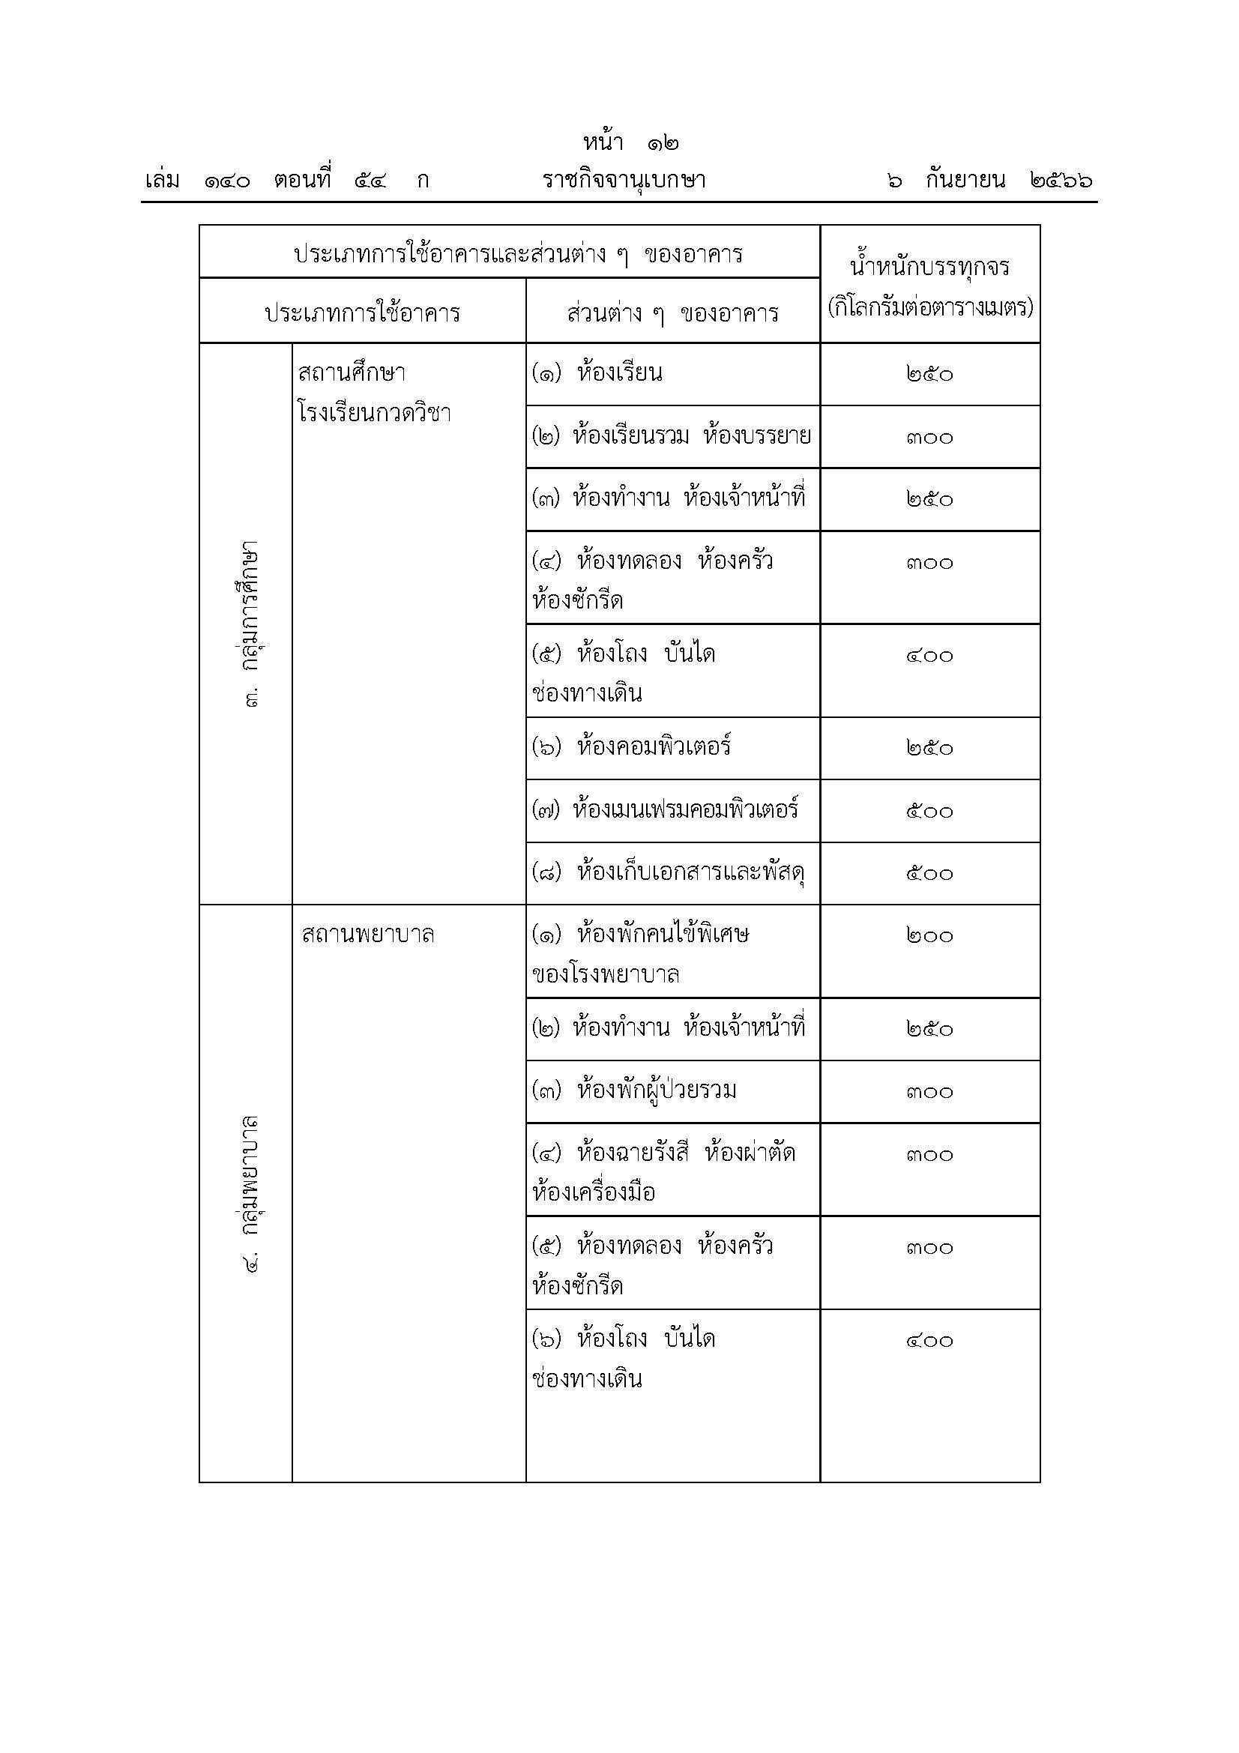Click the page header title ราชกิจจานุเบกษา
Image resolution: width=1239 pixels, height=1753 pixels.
(x=624, y=181)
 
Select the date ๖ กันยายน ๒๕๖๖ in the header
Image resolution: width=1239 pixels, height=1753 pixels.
(x=989, y=181)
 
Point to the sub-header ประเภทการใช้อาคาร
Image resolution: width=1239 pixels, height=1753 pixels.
(x=362, y=313)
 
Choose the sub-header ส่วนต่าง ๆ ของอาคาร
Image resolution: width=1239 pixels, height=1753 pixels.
(x=672, y=313)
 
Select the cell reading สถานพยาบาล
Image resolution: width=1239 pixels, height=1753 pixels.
(x=368, y=935)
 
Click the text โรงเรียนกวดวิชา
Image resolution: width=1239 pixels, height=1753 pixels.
(x=374, y=414)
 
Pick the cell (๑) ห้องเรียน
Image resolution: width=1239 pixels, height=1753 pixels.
(x=597, y=373)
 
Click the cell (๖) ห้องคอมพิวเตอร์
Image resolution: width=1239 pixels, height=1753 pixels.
(x=631, y=746)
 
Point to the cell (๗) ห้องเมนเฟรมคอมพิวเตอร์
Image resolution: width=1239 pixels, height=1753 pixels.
(x=665, y=809)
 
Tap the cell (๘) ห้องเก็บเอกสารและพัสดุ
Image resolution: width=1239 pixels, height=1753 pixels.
(x=669, y=872)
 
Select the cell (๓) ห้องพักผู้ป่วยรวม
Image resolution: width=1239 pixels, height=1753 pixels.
(x=634, y=1090)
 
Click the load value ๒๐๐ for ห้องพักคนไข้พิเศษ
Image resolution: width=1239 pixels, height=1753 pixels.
(x=930, y=936)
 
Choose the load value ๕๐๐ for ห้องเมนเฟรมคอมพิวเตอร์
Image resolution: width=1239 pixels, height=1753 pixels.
(x=930, y=811)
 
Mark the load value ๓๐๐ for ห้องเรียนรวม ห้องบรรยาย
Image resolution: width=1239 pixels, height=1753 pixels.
(x=930, y=438)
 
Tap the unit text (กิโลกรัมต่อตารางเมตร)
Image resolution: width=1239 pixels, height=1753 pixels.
(x=930, y=308)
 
